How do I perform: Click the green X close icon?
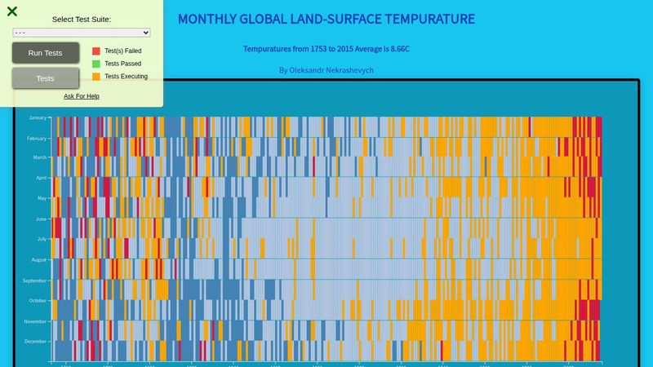(x=12, y=11)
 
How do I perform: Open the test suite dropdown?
(x=82, y=33)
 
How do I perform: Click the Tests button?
(x=46, y=78)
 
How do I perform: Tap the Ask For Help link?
(x=82, y=96)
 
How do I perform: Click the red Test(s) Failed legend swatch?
(x=96, y=51)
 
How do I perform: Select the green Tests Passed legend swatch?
(x=96, y=64)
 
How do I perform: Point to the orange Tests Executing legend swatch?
(x=96, y=77)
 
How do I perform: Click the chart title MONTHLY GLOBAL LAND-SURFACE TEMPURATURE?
(x=326, y=19)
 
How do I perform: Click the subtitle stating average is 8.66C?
(x=326, y=49)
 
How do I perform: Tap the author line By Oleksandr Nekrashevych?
(x=326, y=70)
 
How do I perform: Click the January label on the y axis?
(x=38, y=117)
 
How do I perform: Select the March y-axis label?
(x=39, y=157)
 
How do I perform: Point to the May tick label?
(x=42, y=198)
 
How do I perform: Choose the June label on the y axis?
(x=41, y=219)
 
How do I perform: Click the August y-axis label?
(x=38, y=259)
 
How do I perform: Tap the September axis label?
(x=35, y=280)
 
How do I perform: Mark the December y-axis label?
(x=36, y=341)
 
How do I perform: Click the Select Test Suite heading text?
(x=82, y=19)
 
